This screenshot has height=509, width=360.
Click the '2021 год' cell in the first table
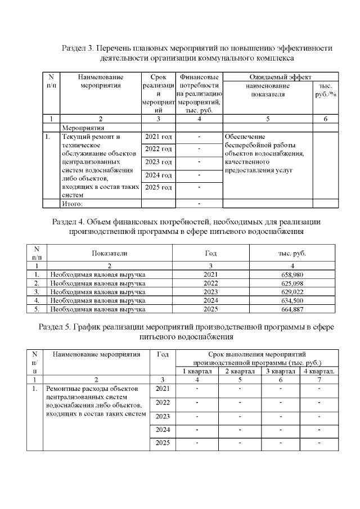click(158, 137)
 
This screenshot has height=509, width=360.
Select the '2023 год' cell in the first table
click(158, 162)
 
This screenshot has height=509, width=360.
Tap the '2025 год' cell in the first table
click(158, 187)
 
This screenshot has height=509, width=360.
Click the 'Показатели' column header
click(110, 254)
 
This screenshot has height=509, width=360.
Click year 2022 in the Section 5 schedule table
click(162, 403)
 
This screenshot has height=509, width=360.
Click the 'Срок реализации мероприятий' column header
click(158, 93)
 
